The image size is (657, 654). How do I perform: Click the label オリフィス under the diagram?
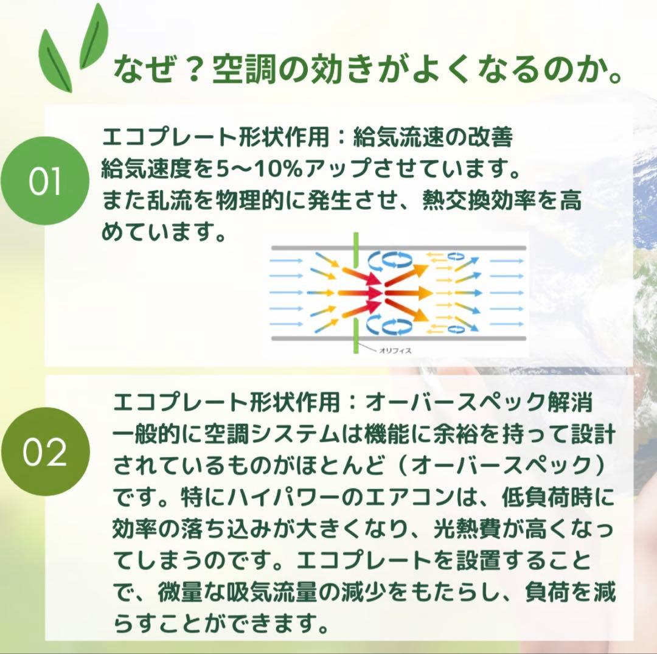click(x=395, y=351)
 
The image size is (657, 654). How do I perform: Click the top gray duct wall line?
click(x=398, y=248)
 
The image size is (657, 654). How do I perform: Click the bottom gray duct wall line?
click(x=398, y=338)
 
